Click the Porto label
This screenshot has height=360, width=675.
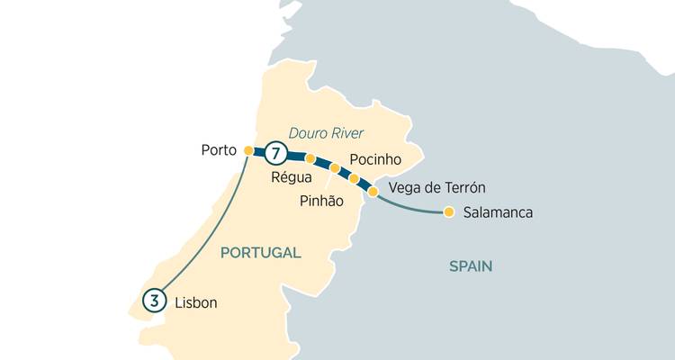point(218,150)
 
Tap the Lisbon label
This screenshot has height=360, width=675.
point(196,303)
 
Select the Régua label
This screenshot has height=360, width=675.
point(291,177)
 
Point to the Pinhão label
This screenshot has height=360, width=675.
point(321,202)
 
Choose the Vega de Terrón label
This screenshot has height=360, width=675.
point(436,188)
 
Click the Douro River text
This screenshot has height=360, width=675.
point(327,133)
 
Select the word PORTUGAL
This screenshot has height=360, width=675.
point(260,253)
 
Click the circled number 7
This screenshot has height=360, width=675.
point(276,153)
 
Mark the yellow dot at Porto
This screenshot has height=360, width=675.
point(248,150)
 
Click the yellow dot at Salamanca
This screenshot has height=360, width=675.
point(448,213)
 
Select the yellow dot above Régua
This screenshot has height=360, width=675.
point(310,158)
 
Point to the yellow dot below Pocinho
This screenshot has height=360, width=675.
point(354,179)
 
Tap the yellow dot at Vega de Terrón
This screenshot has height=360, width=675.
point(373,191)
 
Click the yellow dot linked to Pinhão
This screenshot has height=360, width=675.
point(335,168)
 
